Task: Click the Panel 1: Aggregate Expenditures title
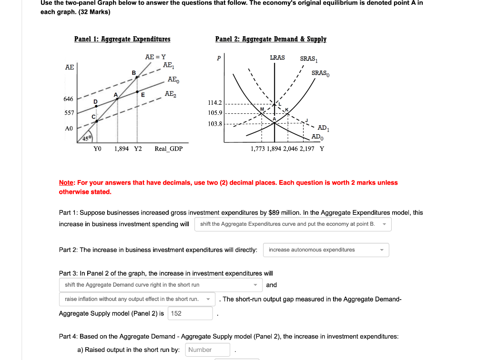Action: pyautogui.click(x=122, y=39)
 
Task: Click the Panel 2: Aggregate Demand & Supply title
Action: pyautogui.click(x=271, y=39)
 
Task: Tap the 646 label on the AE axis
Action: pyautogui.click(x=68, y=99)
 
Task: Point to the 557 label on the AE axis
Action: pyautogui.click(x=68, y=114)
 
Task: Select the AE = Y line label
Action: pyautogui.click(x=155, y=57)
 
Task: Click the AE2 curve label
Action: pyautogui.click(x=170, y=94)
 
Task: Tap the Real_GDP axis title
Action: pyautogui.click(x=168, y=149)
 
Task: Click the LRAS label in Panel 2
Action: pyautogui.click(x=277, y=58)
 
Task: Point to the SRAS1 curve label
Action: pyautogui.click(x=308, y=59)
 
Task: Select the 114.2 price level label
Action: pyautogui.click(x=215, y=103)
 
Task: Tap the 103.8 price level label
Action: pyautogui.click(x=215, y=124)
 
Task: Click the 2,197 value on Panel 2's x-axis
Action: pyautogui.click(x=307, y=149)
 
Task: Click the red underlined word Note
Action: pyautogui.click(x=66, y=182)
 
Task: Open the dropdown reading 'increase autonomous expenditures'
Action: pyautogui.click(x=326, y=250)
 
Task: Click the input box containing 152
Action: pyautogui.click(x=190, y=313)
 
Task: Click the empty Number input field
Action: pyautogui.click(x=207, y=350)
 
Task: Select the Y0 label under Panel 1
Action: pyautogui.click(x=97, y=149)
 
